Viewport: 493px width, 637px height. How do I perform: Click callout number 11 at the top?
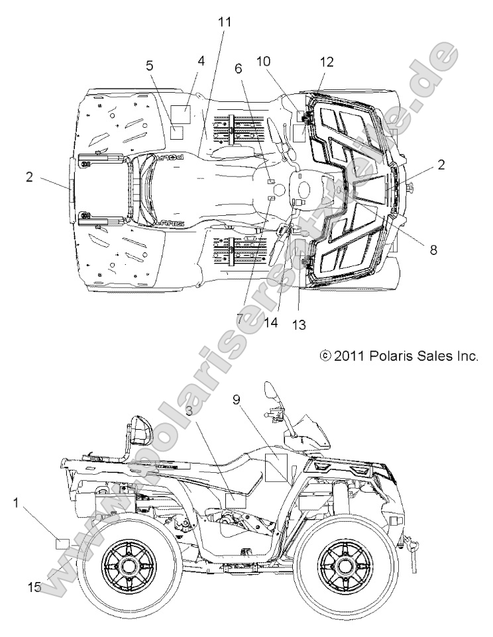pyautogui.click(x=225, y=21)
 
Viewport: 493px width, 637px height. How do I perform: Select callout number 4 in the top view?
pyautogui.click(x=201, y=61)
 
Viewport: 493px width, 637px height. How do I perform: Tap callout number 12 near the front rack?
pyautogui.click(x=327, y=62)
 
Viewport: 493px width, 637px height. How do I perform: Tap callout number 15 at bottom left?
pyautogui.click(x=34, y=587)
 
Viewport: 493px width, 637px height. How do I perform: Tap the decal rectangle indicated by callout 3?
pyautogui.click(x=235, y=500)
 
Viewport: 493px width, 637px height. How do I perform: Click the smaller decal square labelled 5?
pyautogui.click(x=176, y=132)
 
